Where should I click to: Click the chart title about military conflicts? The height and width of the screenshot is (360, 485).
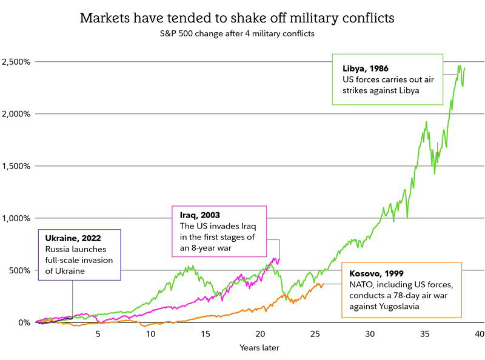coord(238,18)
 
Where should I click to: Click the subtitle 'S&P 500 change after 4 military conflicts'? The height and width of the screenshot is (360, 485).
coord(238,34)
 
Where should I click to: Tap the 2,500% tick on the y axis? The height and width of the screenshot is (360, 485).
coord(15,62)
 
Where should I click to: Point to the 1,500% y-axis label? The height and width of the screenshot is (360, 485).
coord(15,166)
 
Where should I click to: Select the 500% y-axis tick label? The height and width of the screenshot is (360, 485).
coord(18,270)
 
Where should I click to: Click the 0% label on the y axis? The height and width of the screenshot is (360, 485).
coord(22,322)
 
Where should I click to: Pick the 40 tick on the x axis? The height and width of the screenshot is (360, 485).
coord(479,334)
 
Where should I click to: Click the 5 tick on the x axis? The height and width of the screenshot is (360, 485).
coord(98,334)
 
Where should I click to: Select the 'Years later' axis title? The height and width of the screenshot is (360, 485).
coord(259,348)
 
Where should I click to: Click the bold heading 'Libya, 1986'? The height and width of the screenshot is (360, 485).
coord(367,68)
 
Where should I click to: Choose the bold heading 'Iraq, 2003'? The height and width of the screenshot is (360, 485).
coord(199,215)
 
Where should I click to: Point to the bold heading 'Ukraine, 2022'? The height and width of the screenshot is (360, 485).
coord(70,238)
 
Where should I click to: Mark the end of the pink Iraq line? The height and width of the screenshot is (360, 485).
coord(279,259)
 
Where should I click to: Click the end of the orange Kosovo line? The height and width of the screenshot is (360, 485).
coord(323,284)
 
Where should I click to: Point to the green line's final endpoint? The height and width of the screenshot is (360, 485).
coord(465,68)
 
